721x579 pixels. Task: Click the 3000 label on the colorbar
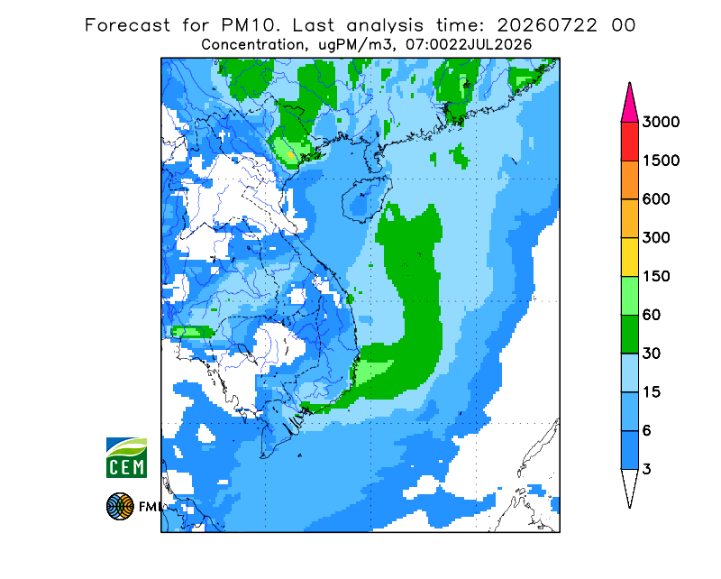click(x=661, y=122)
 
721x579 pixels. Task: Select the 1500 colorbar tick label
click(x=661, y=161)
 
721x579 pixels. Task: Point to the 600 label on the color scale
click(x=656, y=199)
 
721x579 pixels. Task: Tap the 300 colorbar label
click(x=656, y=238)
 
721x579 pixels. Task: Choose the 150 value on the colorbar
click(x=656, y=277)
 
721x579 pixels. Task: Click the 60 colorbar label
click(x=652, y=316)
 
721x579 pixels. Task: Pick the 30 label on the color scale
click(x=652, y=354)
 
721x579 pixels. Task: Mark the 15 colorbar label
click(x=652, y=392)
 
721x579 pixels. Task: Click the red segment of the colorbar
click(x=629, y=142)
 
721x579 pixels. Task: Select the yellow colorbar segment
click(x=629, y=257)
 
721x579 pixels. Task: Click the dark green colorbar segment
click(x=629, y=335)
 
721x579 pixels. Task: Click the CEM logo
click(x=126, y=457)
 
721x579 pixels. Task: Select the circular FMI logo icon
click(x=120, y=506)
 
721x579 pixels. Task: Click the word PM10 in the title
click(x=251, y=25)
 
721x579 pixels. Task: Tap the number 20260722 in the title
click(x=547, y=25)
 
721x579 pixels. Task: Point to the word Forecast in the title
click(x=127, y=25)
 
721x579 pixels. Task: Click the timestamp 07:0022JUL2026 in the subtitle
click(x=469, y=45)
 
